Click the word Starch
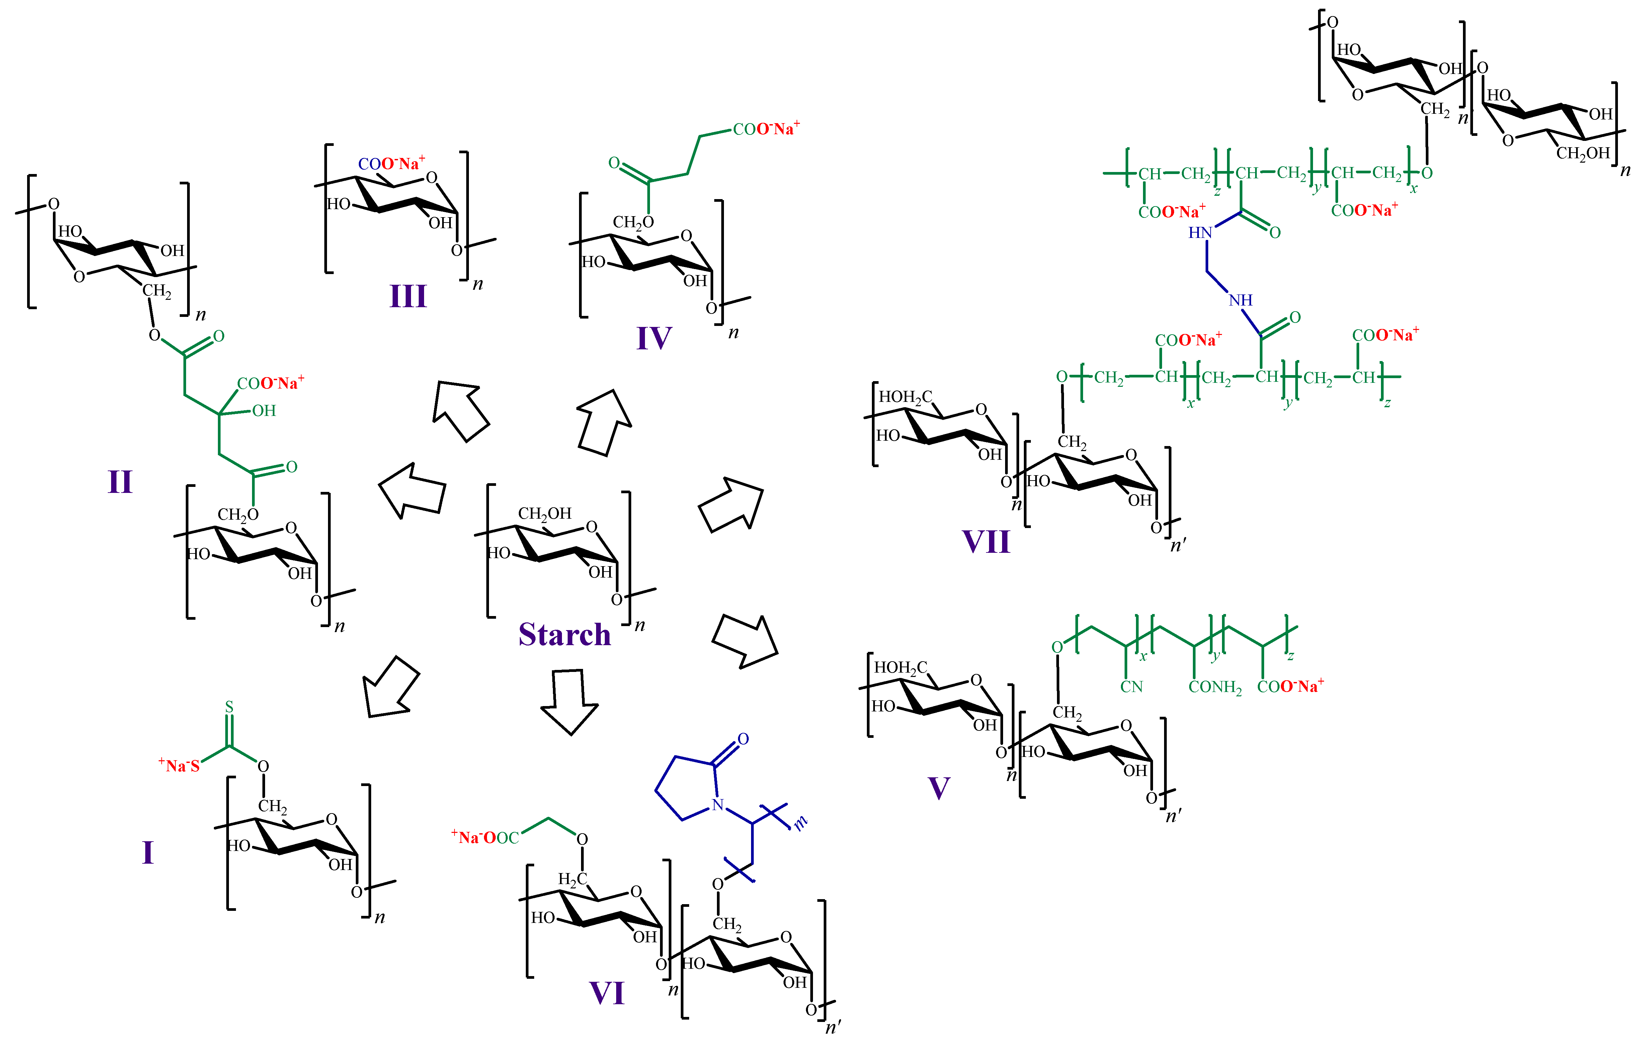[x=564, y=635]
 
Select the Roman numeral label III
[x=408, y=296]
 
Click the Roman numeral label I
[x=148, y=852]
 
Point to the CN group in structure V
[x=1131, y=687]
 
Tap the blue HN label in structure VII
[x=1200, y=233]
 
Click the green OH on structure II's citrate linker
[x=264, y=411]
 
